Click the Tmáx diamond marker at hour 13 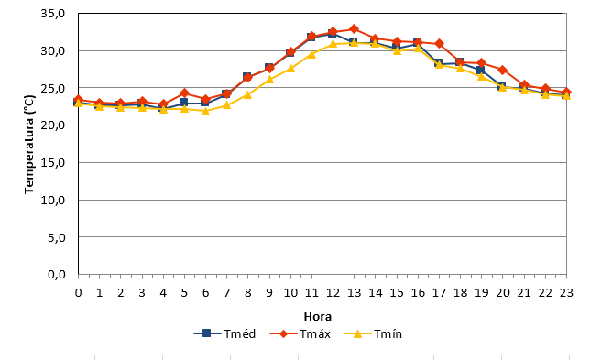[354, 28]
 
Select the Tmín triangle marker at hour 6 [205, 111]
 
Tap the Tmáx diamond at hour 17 [439, 44]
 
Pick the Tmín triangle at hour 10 [290, 68]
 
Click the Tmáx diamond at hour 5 [184, 93]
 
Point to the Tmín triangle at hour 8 [248, 94]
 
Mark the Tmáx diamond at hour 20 [502, 70]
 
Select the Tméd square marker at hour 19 [481, 70]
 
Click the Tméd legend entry [224, 333]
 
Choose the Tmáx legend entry [300, 333]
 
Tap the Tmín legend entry [373, 333]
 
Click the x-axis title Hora [317, 317]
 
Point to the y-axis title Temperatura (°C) [29, 144]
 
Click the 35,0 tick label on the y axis [53, 14]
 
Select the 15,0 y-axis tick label [53, 162]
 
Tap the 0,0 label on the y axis [57, 275]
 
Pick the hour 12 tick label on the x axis [333, 293]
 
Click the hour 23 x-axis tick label [566, 293]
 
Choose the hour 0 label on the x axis [78, 293]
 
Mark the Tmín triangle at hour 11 [311, 54]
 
